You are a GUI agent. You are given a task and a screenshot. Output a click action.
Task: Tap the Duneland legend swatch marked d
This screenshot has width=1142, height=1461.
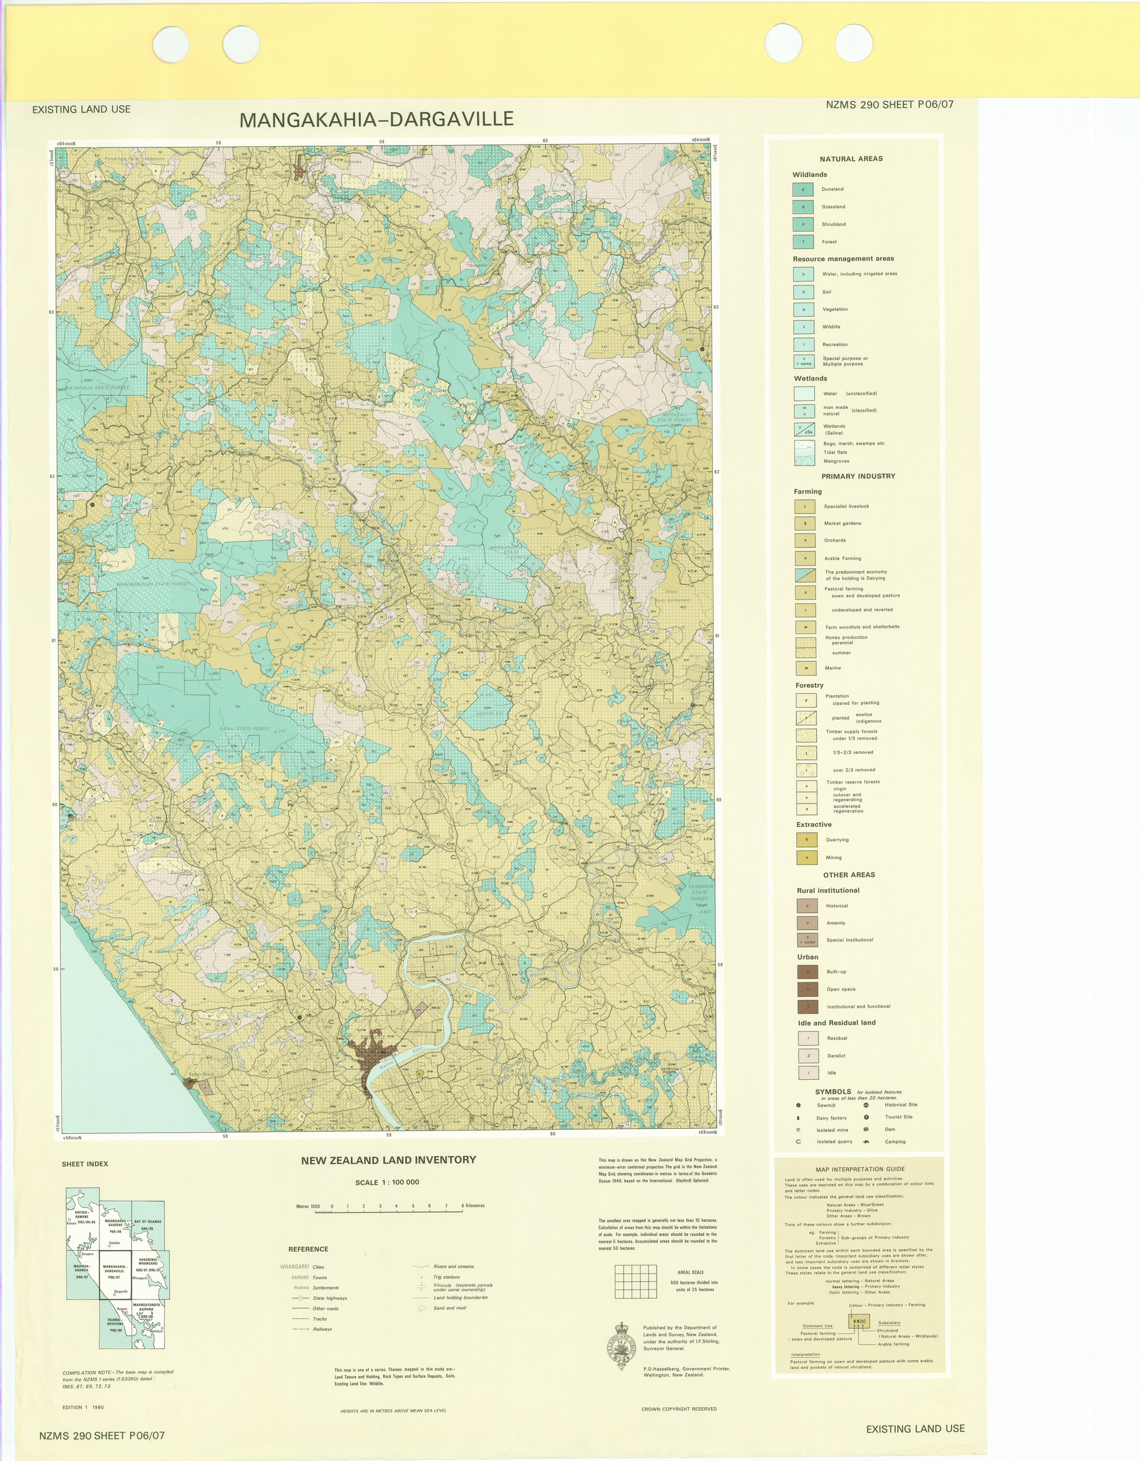pos(803,189)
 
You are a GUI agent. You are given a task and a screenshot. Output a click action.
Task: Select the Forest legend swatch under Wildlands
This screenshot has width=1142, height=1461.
pos(803,242)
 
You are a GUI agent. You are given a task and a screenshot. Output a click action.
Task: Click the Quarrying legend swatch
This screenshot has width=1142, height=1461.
pos(806,840)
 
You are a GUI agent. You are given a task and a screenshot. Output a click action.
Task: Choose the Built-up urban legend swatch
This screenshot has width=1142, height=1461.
pos(807,972)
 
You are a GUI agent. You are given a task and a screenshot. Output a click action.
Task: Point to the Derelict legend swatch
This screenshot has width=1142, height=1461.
pos(809,1055)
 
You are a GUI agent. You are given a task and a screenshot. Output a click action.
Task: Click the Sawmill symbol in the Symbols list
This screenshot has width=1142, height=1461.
pos(798,1105)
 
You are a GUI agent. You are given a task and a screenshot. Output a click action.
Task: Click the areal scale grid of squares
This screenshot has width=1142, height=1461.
pos(637,1281)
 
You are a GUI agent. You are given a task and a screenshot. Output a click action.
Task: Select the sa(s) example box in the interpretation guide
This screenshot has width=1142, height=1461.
pos(859,1321)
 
